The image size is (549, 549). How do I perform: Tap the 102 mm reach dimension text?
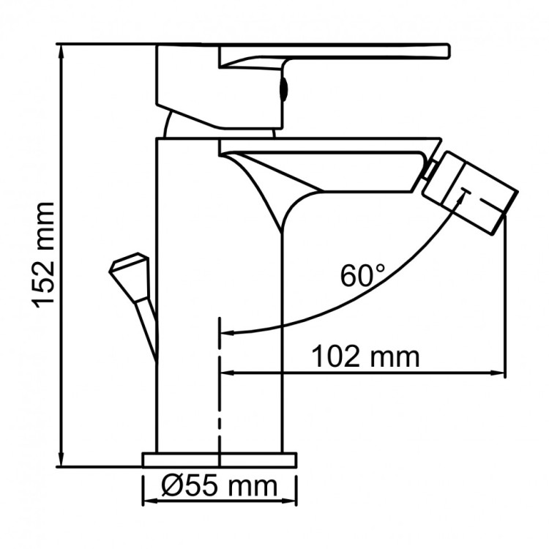coord(366,357)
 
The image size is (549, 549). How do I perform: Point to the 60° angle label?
coord(362,276)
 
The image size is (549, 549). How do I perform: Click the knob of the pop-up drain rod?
coord(130,268)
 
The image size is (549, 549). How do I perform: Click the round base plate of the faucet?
coord(220,459)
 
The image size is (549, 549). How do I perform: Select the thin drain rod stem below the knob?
coord(148,322)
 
